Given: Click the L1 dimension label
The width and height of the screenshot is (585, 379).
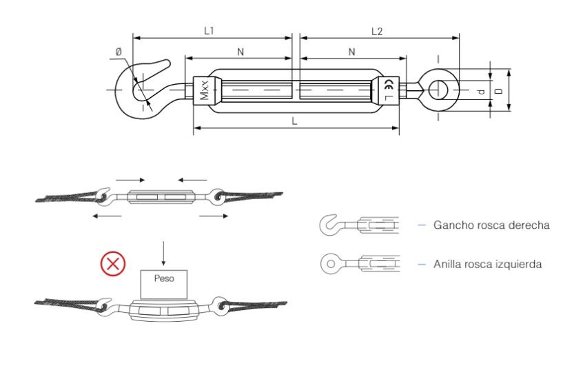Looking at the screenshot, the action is [209, 31].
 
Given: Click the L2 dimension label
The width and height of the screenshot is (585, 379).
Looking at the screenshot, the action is [377, 31].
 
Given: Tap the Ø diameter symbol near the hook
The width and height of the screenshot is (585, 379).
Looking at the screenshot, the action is [119, 52].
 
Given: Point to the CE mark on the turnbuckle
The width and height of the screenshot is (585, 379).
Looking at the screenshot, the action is [389, 84].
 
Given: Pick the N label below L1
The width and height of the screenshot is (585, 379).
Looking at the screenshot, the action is [240, 52].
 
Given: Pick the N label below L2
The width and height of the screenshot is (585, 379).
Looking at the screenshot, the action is [351, 52].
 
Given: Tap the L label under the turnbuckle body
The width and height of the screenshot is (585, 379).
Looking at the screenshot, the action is [294, 121].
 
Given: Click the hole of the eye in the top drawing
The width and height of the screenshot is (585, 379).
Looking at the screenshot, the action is [438, 90].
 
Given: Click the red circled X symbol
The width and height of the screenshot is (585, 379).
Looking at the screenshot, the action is [113, 264].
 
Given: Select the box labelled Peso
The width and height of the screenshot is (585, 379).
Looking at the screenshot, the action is [164, 284].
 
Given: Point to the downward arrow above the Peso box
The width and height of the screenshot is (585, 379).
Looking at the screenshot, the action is [163, 254].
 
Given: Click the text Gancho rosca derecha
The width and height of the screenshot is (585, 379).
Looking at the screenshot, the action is [491, 225].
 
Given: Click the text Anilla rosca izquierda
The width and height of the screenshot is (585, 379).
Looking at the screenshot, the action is [487, 264].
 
